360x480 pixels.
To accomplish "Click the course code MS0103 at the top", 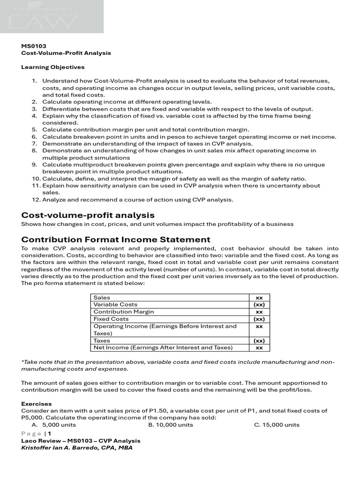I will click(x=34, y=46).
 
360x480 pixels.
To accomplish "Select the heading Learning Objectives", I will click(x=53, y=67).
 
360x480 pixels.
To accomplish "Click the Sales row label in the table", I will click(x=102, y=298).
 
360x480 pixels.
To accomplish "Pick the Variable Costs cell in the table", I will click(x=115, y=305).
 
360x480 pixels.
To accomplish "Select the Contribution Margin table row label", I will click(x=123, y=312).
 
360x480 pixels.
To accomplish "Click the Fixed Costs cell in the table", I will click(x=111, y=319).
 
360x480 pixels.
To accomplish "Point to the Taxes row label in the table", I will click(x=102, y=341).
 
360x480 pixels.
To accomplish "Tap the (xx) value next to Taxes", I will click(x=259, y=341).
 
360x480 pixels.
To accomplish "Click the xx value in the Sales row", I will click(x=259, y=298).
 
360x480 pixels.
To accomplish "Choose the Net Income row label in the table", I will click(x=163, y=348).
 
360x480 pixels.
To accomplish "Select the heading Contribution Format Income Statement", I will click(x=116, y=240).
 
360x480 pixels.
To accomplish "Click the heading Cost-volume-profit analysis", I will click(x=88, y=215).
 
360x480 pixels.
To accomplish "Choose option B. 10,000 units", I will click(x=171, y=425).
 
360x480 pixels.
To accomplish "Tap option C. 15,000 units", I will click(x=277, y=425).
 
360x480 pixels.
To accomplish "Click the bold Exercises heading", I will click(x=37, y=404).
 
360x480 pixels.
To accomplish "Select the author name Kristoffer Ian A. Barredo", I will click(x=77, y=448).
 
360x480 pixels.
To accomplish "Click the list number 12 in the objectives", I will click(x=36, y=200).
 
